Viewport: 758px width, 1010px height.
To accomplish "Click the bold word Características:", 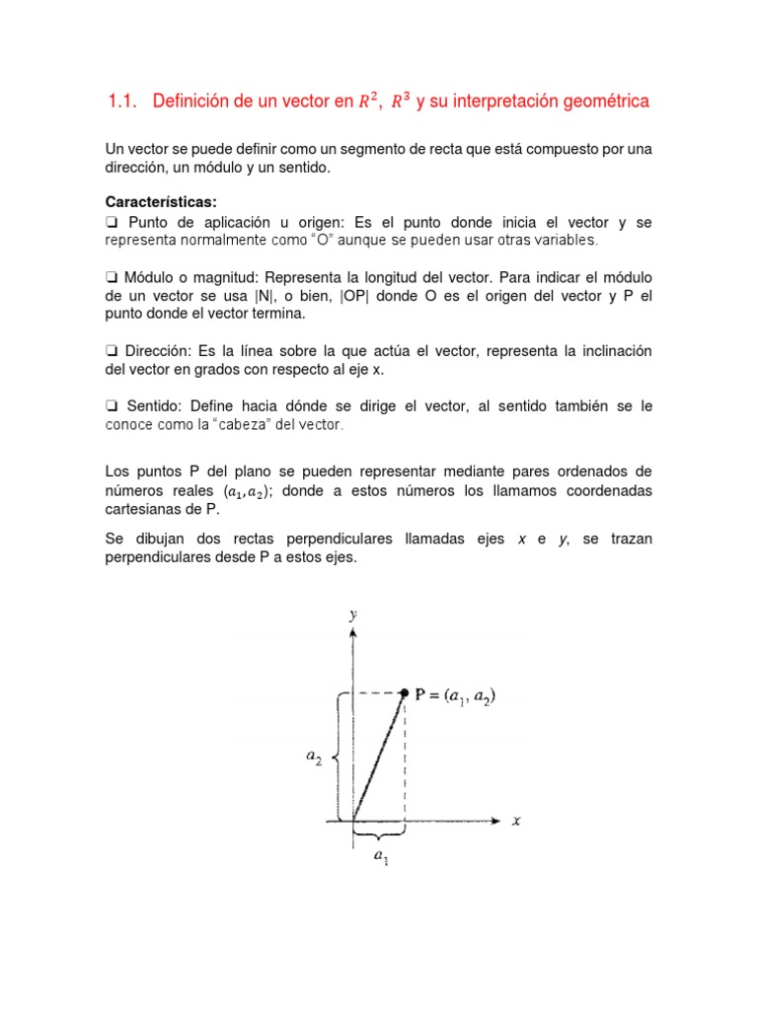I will [161, 202].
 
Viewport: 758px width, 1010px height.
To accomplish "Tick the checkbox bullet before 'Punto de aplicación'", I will [112, 222].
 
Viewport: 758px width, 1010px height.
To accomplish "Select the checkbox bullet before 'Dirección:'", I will [112, 351].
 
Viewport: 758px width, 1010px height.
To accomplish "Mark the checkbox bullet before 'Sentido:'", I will [112, 406].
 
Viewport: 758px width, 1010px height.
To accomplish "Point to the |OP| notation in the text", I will [355, 295].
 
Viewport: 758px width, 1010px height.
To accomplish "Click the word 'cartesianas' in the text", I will [144, 509].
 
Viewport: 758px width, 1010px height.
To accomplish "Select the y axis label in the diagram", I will [352, 613].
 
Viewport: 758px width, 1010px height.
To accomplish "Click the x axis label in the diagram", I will [516, 821].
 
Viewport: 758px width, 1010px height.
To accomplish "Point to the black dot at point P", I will [404, 694].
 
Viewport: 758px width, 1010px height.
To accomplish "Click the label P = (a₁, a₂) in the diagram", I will [455, 695].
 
